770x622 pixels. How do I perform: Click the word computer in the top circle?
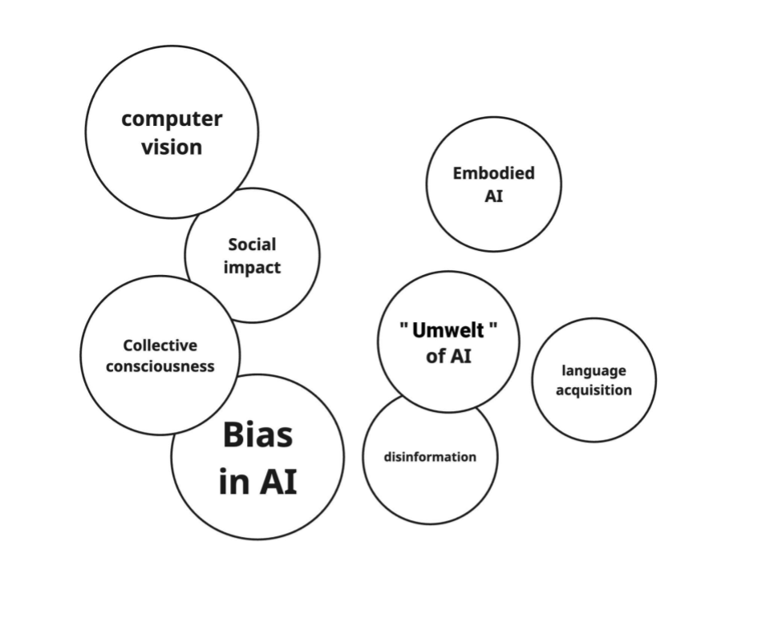172,119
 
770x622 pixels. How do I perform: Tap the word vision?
172,147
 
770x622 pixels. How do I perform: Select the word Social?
252,244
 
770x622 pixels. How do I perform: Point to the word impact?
252,268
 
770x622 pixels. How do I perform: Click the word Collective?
160,345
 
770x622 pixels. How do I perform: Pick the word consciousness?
160,366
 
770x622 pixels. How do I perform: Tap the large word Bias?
257,435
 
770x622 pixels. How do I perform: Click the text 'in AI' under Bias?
257,481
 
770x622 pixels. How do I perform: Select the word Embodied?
493,173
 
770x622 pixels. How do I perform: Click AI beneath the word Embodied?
493,196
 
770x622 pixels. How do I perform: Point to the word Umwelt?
448,330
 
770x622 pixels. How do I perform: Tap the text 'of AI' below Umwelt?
448,356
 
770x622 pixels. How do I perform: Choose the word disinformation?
430,457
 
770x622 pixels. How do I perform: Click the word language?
594,370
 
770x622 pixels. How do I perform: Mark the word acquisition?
594,390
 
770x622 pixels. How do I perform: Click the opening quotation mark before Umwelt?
404,326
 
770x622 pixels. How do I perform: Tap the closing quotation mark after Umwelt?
493,326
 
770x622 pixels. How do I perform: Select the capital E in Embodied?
458,173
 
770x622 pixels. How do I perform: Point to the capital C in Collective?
128,345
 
